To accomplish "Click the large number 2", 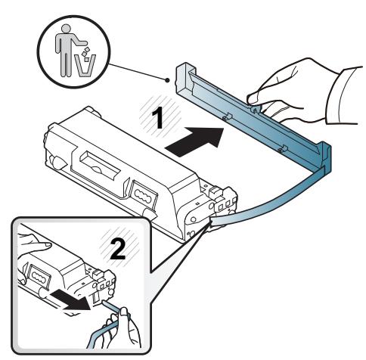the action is click(117, 250).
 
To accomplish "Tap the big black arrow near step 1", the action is click(194, 141).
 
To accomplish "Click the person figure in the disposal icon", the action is click(66, 50).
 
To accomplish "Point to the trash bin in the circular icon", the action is click(86, 66).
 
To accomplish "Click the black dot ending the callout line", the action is click(167, 80).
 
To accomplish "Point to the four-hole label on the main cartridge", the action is click(144, 194).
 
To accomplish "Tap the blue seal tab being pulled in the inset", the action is click(111, 306).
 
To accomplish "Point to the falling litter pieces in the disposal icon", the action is click(85, 53).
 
